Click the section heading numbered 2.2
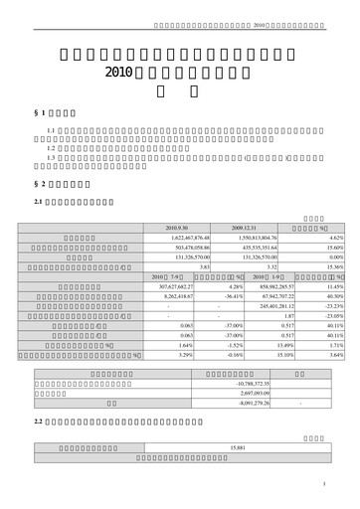click(38, 424)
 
